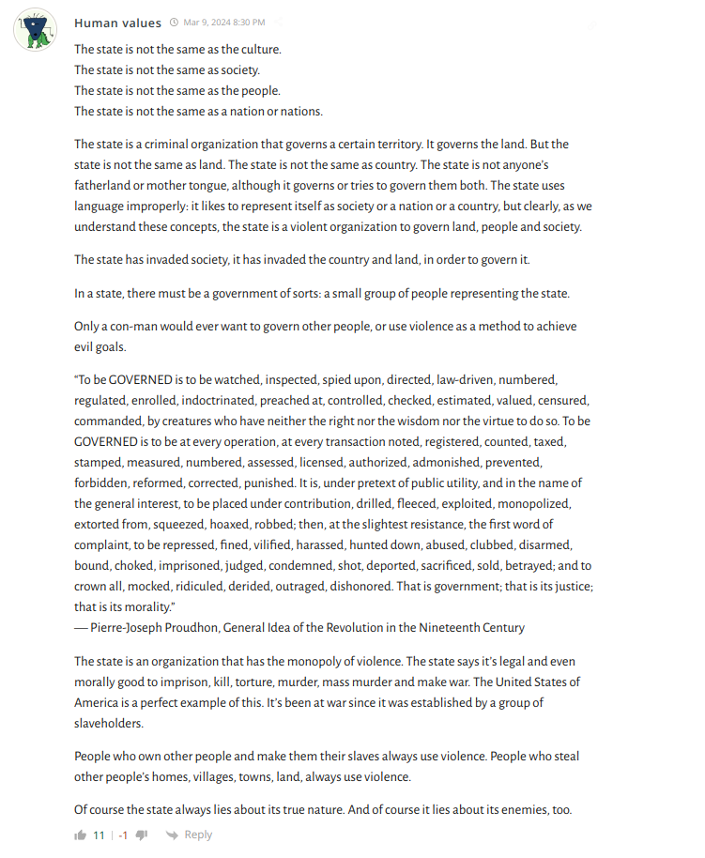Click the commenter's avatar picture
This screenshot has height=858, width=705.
pos(36,29)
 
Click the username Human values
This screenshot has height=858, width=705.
pos(117,23)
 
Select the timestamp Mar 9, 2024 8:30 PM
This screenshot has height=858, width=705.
pos(224,23)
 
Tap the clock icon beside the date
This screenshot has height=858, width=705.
pos(174,23)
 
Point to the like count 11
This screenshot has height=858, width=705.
pos(99,835)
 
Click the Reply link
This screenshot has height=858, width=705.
pos(198,835)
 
